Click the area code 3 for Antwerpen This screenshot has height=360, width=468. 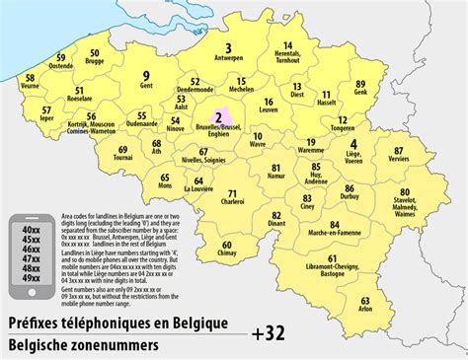(x=228, y=47)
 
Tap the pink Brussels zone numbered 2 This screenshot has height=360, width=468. (x=217, y=118)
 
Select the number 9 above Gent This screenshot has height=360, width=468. (x=145, y=76)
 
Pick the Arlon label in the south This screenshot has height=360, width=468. (x=365, y=309)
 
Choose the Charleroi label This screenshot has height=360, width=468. (x=233, y=202)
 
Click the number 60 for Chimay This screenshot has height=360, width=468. (x=227, y=245)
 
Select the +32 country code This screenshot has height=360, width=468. (x=269, y=332)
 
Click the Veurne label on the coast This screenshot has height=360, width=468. (x=30, y=86)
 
